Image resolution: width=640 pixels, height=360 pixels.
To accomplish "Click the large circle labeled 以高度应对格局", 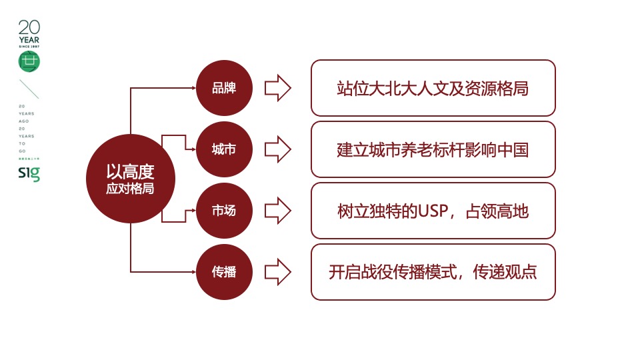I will click(130, 179).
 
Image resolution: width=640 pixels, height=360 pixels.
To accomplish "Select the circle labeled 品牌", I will click(224, 88).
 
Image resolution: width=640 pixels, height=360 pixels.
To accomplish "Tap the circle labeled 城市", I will click(224, 149).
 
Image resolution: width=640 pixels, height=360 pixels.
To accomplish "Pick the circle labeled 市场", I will click(224, 211).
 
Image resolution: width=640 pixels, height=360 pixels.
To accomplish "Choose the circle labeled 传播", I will click(224, 272).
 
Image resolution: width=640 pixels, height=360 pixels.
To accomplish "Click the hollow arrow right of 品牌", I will click(278, 88).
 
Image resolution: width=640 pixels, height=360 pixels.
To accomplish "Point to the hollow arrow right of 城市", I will click(278, 149).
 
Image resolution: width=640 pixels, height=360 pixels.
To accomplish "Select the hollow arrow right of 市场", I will click(278, 211).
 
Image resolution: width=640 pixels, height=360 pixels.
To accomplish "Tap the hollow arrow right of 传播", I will click(278, 272).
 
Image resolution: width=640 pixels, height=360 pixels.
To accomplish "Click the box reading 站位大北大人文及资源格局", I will click(433, 88).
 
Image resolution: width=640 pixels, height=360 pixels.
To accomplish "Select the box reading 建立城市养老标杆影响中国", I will click(433, 149).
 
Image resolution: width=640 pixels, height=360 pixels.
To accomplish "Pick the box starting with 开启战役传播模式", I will click(433, 272).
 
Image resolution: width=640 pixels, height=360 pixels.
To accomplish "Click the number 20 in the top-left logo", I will click(29, 27).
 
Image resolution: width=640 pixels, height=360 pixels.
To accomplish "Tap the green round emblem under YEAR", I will click(29, 61).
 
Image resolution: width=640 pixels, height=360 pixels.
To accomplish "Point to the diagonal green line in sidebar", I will click(29, 89).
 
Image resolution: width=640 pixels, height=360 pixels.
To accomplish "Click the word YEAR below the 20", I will click(29, 40).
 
